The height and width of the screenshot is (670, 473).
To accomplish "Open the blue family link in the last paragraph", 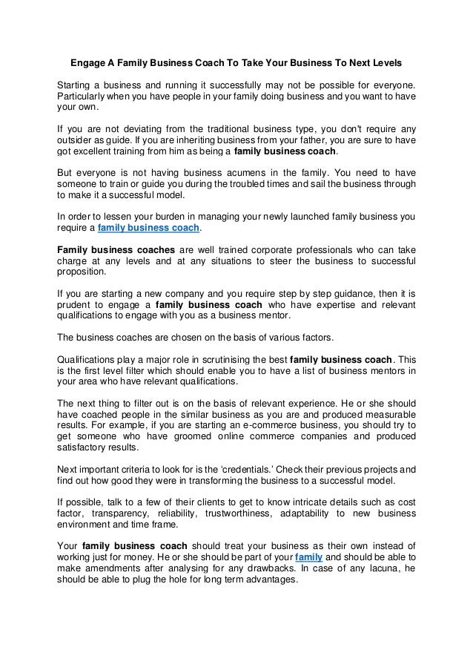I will [x=308, y=556].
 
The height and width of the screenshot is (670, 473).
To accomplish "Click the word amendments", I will [x=115, y=568].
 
